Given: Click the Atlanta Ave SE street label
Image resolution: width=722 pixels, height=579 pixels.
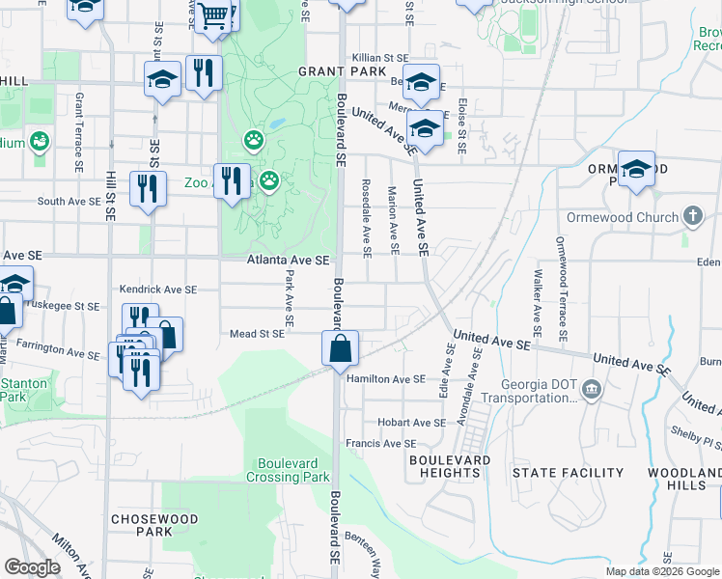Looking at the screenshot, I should click(289, 261).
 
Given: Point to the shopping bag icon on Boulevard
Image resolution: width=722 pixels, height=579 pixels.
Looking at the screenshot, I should click(341, 349).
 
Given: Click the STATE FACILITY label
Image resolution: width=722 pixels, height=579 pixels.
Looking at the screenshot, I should click(568, 473).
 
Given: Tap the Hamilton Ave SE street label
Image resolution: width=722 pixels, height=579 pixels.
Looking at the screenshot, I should click(386, 379).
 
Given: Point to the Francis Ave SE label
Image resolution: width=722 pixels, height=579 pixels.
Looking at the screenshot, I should click(380, 444).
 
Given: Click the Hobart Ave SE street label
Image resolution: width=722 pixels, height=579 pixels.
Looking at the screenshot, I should click(411, 423).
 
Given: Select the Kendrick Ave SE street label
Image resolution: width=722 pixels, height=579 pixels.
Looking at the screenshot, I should click(157, 289).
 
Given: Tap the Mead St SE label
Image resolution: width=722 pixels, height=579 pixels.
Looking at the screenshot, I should click(257, 334).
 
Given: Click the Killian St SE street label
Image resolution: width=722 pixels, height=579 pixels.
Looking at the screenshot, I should click(384, 59).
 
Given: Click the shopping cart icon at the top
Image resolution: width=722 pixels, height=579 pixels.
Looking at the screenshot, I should click(215, 16).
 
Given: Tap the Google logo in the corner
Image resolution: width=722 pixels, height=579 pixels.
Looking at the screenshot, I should click(32, 567).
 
